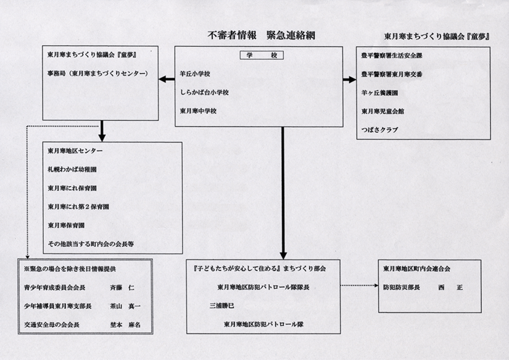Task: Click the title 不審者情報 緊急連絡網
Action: [x=262, y=35]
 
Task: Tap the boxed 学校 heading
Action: [x=262, y=55]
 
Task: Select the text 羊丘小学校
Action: [x=195, y=73]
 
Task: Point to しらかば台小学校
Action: [x=204, y=92]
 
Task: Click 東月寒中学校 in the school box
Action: [x=198, y=111]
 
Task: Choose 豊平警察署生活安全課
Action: [x=392, y=56]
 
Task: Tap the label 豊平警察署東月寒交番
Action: [x=392, y=74]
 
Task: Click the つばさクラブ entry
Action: [x=379, y=130]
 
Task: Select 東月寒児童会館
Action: [x=383, y=111]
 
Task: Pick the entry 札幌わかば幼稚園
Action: [x=72, y=169]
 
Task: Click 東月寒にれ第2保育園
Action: [x=78, y=207]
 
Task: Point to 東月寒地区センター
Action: [x=75, y=151]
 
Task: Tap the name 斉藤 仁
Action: [x=122, y=288]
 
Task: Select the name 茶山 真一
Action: [x=125, y=306]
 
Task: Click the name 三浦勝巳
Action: [x=221, y=306]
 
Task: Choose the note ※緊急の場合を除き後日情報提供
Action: [x=70, y=269]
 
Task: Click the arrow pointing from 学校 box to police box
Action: [x=350, y=80]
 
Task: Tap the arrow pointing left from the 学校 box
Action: [x=167, y=79]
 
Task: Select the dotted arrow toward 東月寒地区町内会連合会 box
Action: [x=359, y=286]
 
